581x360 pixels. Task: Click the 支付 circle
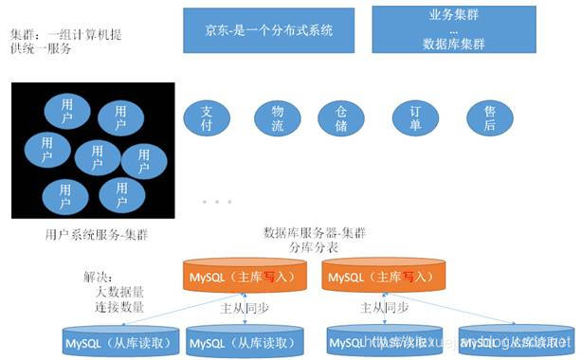208,117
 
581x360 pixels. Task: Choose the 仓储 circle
341,117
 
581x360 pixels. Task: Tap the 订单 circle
414,117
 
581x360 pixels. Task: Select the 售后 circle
489,117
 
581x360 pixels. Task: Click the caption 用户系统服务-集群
96,234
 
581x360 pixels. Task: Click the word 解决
98,279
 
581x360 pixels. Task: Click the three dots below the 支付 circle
216,202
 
